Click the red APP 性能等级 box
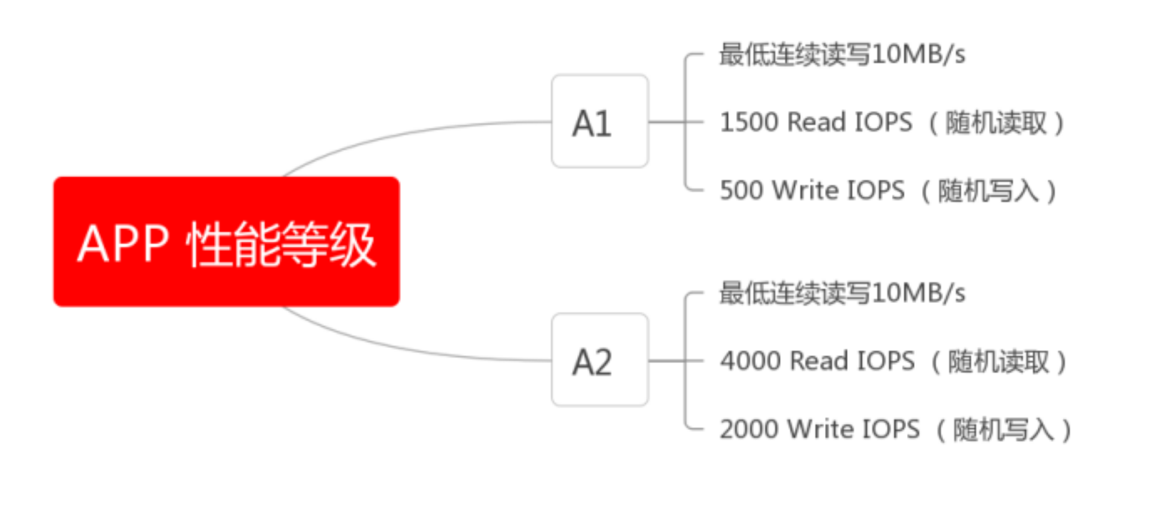pos(226,241)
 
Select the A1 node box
pos(599,121)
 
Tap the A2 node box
pos(599,360)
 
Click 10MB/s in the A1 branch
pos(918,54)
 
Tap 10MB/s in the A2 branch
pos(918,293)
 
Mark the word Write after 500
pos(805,191)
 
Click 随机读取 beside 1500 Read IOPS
pos(996,123)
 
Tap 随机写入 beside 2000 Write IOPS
pos(1003,430)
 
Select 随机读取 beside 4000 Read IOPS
pos(999,362)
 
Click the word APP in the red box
pos(123,244)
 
